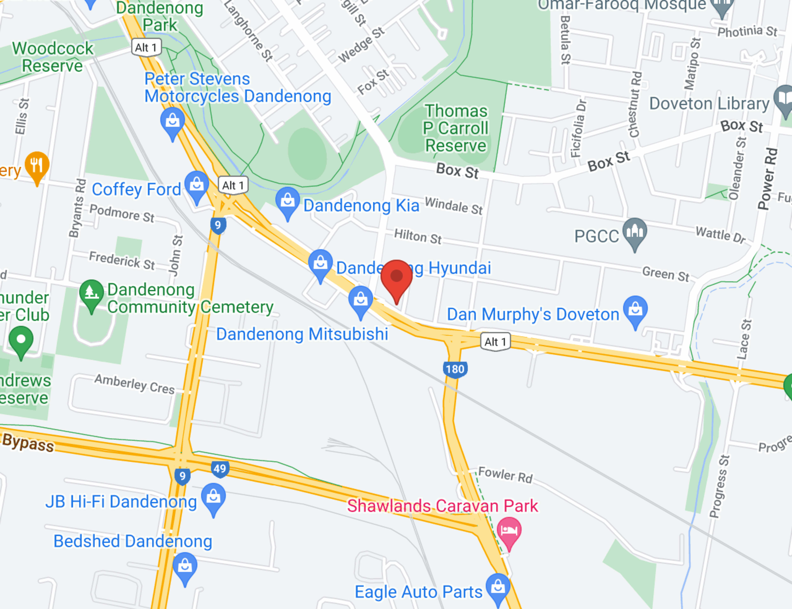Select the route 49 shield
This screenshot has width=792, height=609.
220,469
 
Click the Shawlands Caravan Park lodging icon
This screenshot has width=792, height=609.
509,531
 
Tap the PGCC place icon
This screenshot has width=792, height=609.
635,232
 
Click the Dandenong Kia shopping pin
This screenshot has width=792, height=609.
288,201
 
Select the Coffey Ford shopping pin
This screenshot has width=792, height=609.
197,185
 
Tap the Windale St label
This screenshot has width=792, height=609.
454,206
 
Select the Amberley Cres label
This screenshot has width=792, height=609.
134,384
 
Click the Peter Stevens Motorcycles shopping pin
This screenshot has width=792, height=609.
173,121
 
